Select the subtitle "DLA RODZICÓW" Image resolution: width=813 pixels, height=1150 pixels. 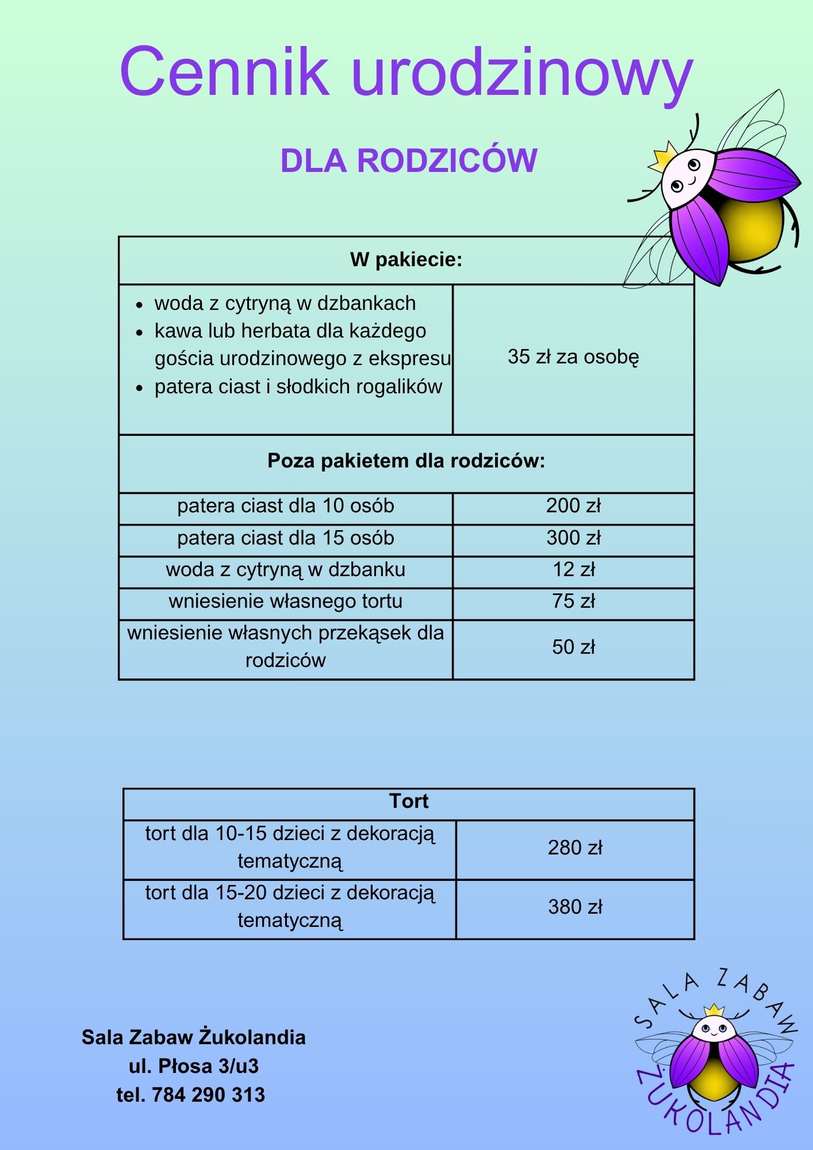coord(408,160)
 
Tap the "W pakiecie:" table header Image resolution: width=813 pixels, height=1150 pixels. coord(406,260)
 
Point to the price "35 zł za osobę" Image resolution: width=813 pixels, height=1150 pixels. coord(573,357)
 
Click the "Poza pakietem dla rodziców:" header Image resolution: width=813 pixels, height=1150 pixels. coord(406,461)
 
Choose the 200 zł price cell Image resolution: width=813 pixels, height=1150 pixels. coord(573,506)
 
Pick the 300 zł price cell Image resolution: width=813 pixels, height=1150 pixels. coord(573,538)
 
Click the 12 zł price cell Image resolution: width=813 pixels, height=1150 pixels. coord(573,570)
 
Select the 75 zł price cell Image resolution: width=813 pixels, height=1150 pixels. coord(573,601)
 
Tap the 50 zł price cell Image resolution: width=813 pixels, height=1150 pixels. coord(573,647)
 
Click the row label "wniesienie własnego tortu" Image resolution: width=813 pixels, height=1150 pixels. coord(285,601)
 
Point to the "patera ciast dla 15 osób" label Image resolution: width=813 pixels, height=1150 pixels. coord(285,538)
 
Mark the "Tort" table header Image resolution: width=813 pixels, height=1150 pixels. coord(409,802)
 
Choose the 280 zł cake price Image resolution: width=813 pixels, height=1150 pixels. coord(575,848)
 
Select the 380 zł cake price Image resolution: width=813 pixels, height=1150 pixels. coord(575,907)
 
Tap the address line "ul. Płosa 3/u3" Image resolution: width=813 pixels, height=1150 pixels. coord(194,1067)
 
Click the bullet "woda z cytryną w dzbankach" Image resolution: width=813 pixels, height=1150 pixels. coord(285,304)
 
